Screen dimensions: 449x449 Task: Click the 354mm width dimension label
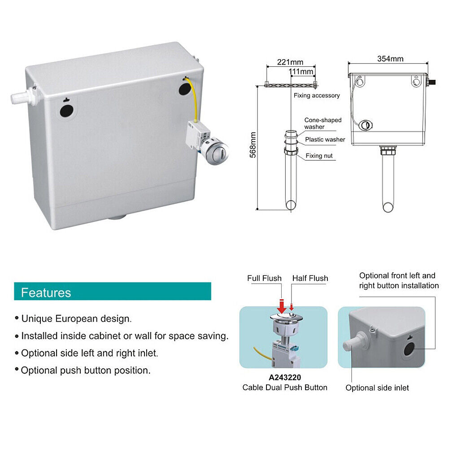390,59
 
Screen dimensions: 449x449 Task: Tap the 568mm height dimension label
253,145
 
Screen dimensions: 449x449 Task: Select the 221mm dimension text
290,62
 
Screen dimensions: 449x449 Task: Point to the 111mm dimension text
301,71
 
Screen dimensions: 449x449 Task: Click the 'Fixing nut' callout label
319,156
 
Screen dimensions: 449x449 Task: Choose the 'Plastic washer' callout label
325,139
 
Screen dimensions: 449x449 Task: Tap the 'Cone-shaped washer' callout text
323,123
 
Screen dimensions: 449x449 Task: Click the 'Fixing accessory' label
317,96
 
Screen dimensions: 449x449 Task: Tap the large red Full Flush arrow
282,306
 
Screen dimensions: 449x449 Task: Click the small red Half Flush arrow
292,307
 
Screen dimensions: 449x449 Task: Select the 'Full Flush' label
264,279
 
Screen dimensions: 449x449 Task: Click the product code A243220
285,377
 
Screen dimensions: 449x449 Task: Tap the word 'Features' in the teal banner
46,292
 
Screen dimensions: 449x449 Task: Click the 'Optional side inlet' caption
377,388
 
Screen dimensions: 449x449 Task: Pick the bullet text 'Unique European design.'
76,319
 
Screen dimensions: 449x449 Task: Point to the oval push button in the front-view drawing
366,125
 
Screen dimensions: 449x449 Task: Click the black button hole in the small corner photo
409,349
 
